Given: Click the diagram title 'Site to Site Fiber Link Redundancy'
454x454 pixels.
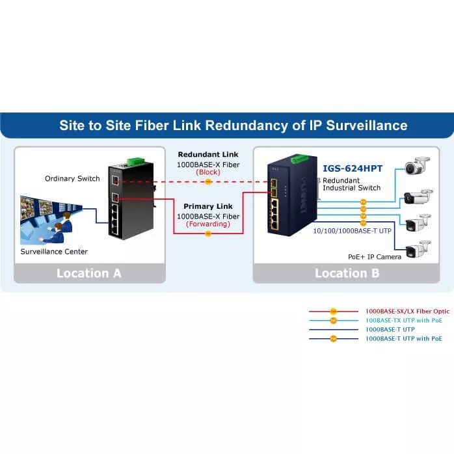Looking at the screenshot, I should [234, 126].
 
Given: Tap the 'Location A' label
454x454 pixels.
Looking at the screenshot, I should [89, 273].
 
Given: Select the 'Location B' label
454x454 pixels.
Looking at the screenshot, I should [347, 273].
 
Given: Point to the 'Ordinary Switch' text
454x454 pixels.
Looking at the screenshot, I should [72, 178].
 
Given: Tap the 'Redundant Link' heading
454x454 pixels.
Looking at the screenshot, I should [207, 155].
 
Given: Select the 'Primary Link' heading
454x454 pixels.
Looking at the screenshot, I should [207, 206].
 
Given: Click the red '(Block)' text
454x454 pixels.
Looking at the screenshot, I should [207, 173].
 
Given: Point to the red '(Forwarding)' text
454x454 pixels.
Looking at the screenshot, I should [207, 224].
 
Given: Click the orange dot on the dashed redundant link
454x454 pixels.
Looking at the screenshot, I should [207, 182].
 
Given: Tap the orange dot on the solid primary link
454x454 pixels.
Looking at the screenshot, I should [207, 234].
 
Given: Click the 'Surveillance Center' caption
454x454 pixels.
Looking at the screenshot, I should [54, 252].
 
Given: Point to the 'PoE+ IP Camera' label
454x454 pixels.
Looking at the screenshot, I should [375, 257].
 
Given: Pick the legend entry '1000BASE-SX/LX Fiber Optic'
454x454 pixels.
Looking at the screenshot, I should [407, 312].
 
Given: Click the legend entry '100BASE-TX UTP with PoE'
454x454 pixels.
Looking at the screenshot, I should [403, 321].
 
